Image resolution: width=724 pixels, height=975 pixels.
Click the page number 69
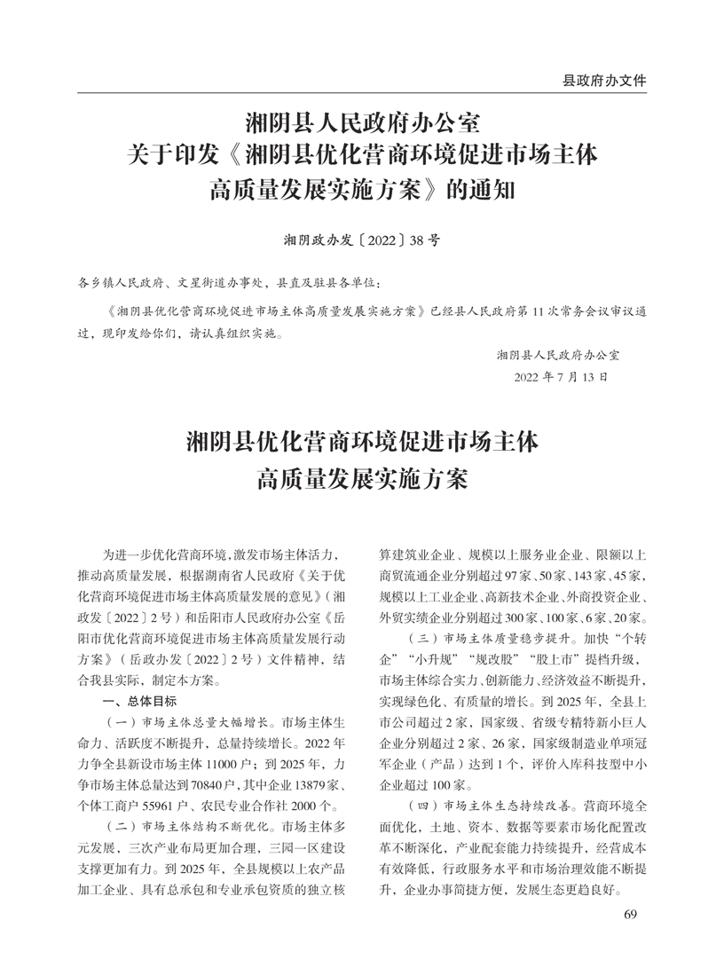631,914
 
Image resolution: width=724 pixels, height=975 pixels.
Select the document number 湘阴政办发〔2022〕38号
361,240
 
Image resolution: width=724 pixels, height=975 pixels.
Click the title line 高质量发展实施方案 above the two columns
362,479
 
